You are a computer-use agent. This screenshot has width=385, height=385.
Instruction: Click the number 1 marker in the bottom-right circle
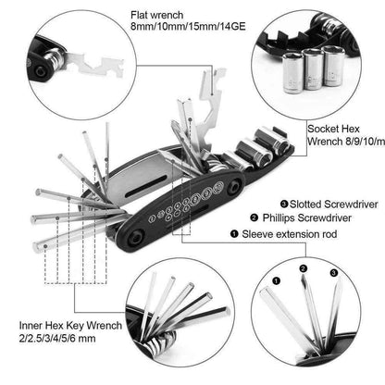[x=274, y=275]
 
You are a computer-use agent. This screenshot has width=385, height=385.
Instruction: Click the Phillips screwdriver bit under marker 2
[x=313, y=315]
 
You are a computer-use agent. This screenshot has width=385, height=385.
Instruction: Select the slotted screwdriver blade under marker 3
[x=337, y=310]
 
